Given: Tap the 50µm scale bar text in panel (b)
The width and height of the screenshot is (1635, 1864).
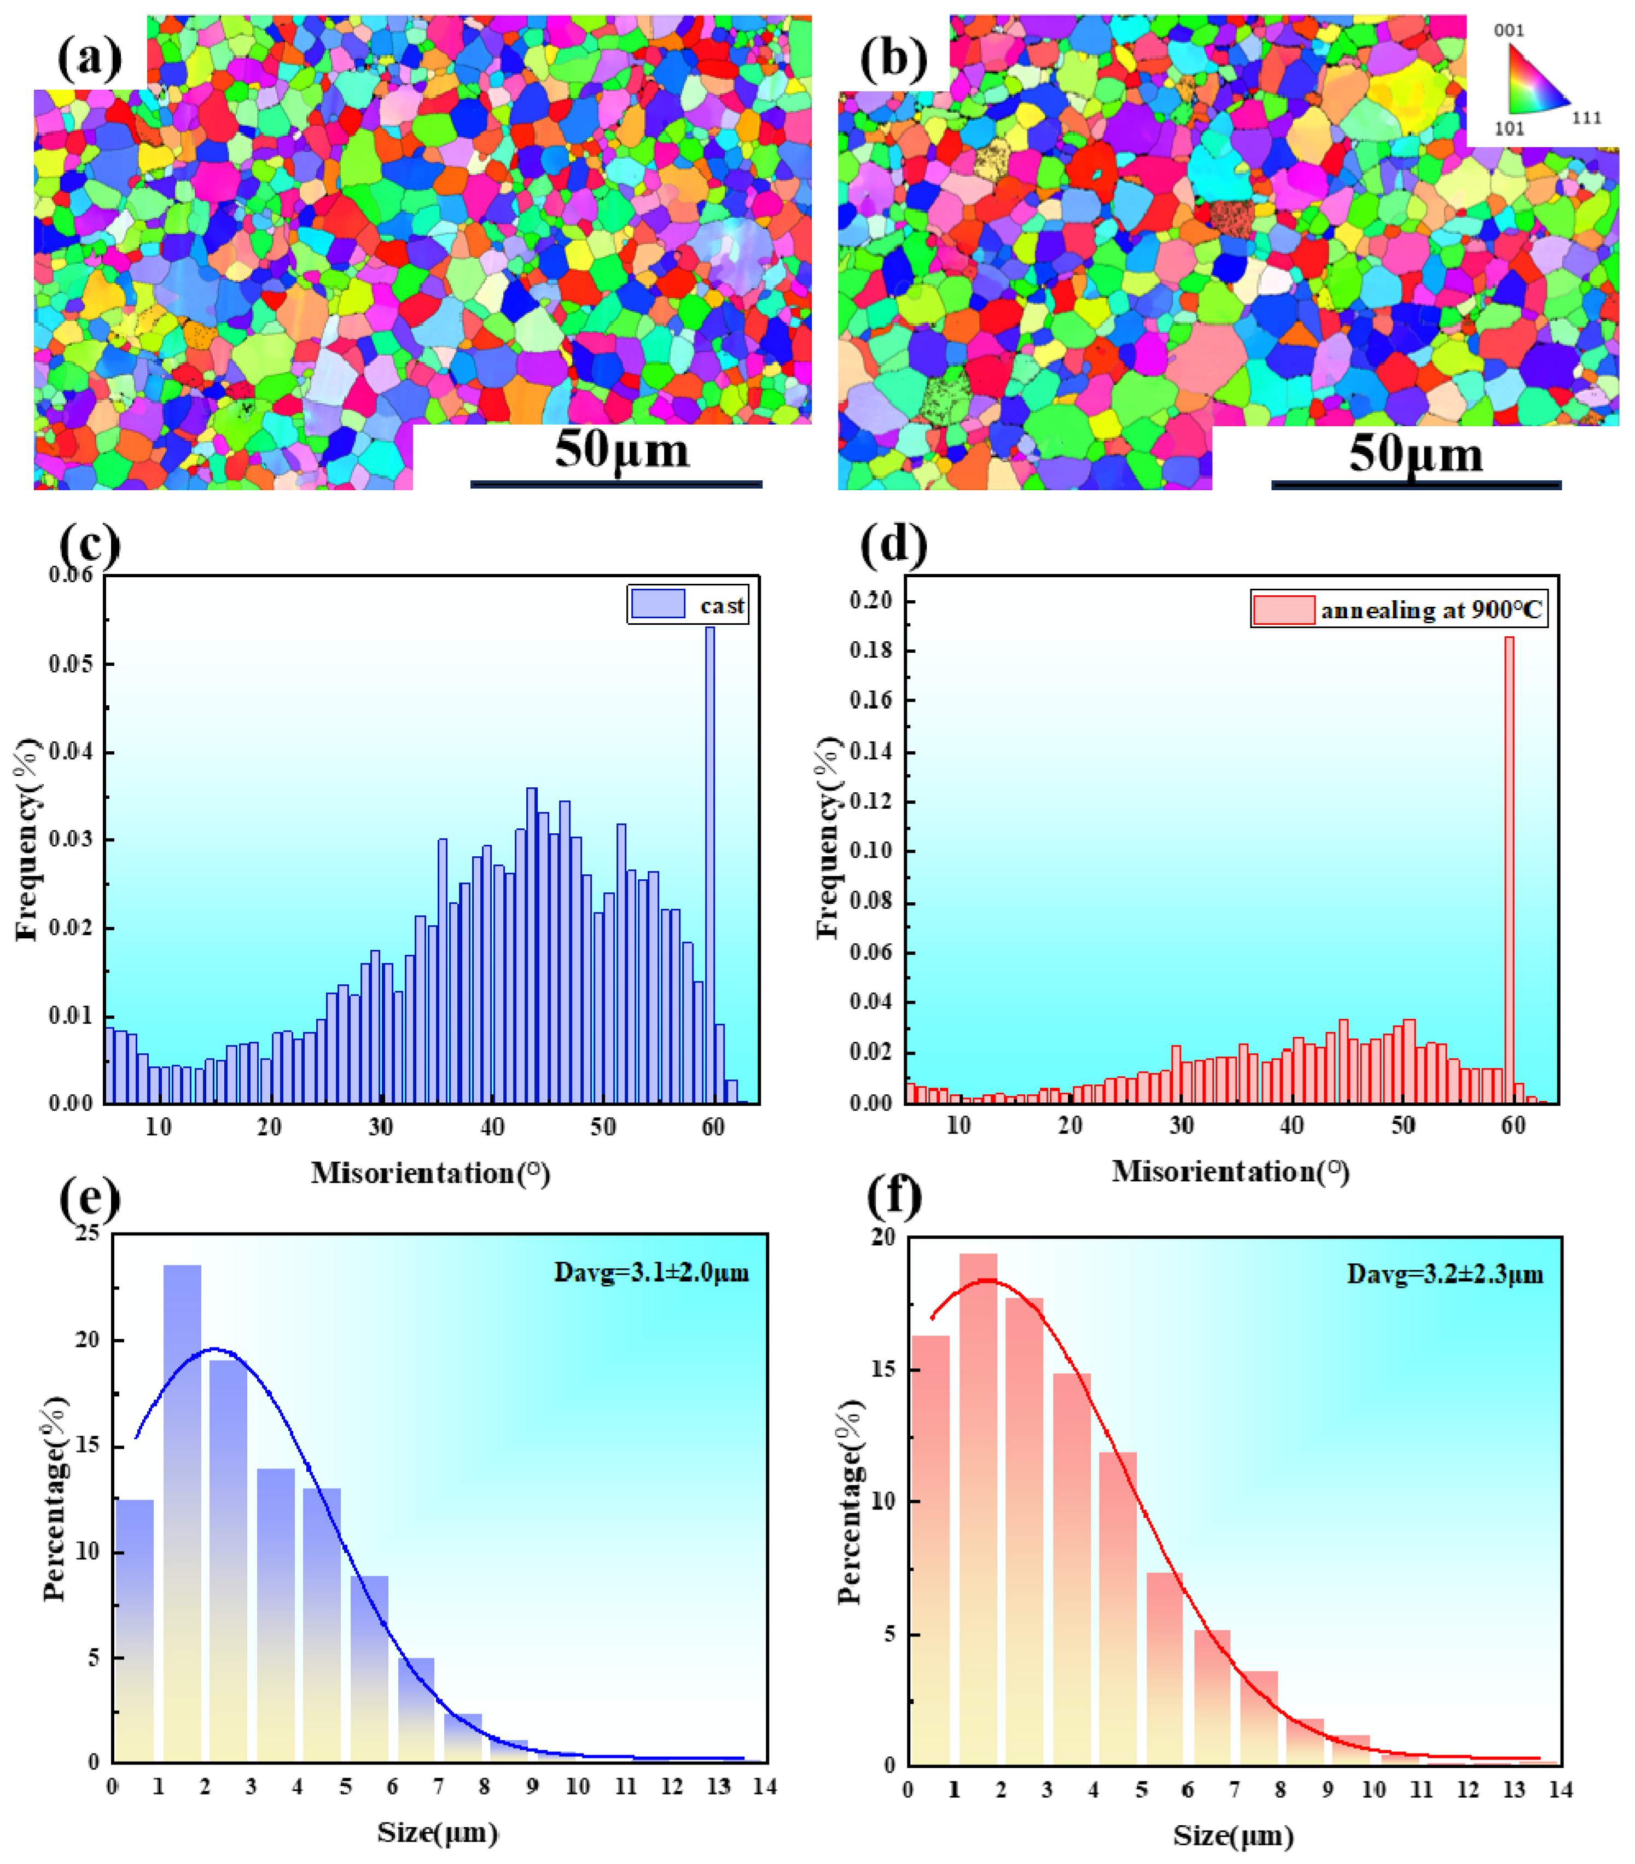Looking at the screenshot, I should pos(1415,453).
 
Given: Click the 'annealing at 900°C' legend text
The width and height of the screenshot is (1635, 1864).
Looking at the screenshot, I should pos(1431,610).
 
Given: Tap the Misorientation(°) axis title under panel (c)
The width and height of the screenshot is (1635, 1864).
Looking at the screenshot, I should pos(429,1173).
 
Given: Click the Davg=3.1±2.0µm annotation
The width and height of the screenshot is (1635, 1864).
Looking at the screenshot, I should pos(651,1272).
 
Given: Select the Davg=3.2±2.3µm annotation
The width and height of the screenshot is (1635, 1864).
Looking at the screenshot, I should pos(1445,1274).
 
